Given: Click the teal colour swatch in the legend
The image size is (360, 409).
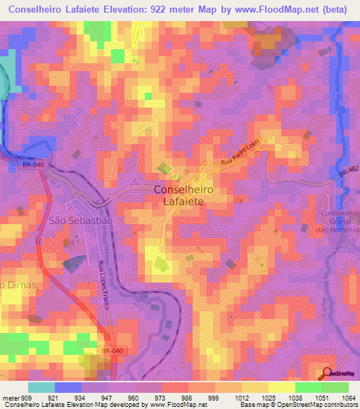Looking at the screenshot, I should click(41, 387).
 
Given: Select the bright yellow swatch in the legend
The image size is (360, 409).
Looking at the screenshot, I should click(281, 387).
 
